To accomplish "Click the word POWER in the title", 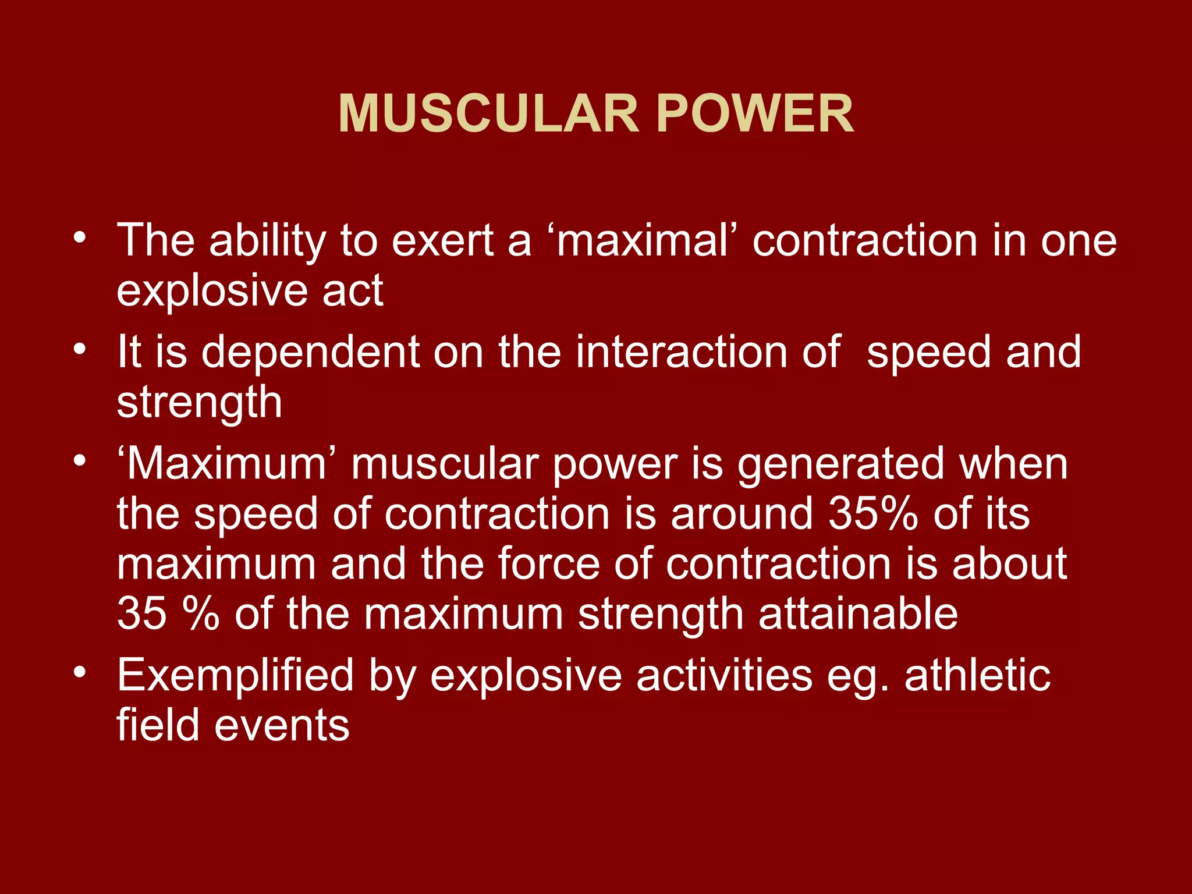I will pos(755,114).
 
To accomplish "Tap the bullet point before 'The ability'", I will pos(80,237).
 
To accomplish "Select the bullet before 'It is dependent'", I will pos(80,349).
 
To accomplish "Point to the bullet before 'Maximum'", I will pos(80,461).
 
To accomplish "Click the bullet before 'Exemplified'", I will pos(80,672).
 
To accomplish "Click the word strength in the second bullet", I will pos(199,403).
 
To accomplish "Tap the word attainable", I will pos(858,614).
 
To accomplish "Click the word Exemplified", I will pos(235,676).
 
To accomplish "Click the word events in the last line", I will pos(282,726).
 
